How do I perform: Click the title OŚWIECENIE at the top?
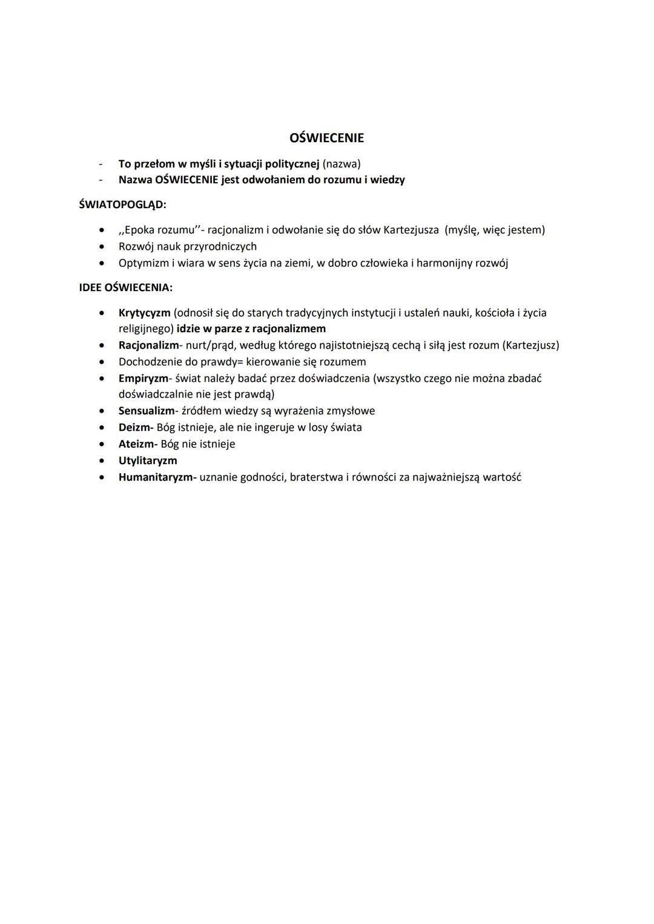pyautogui.click(x=326, y=138)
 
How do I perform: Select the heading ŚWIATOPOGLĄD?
pyautogui.click(x=122, y=205)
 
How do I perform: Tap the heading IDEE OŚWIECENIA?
pyautogui.click(x=125, y=287)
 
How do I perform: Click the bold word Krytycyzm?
pyautogui.click(x=144, y=313)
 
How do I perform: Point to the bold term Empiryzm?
pyautogui.click(x=143, y=378)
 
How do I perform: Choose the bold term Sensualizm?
pyautogui.click(x=146, y=411)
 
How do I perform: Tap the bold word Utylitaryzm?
pyautogui.click(x=148, y=460)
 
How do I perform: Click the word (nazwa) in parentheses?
pyautogui.click(x=342, y=164)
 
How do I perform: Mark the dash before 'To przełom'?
pyautogui.click(x=101, y=164)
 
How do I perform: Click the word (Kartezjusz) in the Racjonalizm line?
pyautogui.click(x=530, y=346)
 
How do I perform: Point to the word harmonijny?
pyautogui.click(x=444, y=263)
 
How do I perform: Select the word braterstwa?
pyautogui.click(x=316, y=477)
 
